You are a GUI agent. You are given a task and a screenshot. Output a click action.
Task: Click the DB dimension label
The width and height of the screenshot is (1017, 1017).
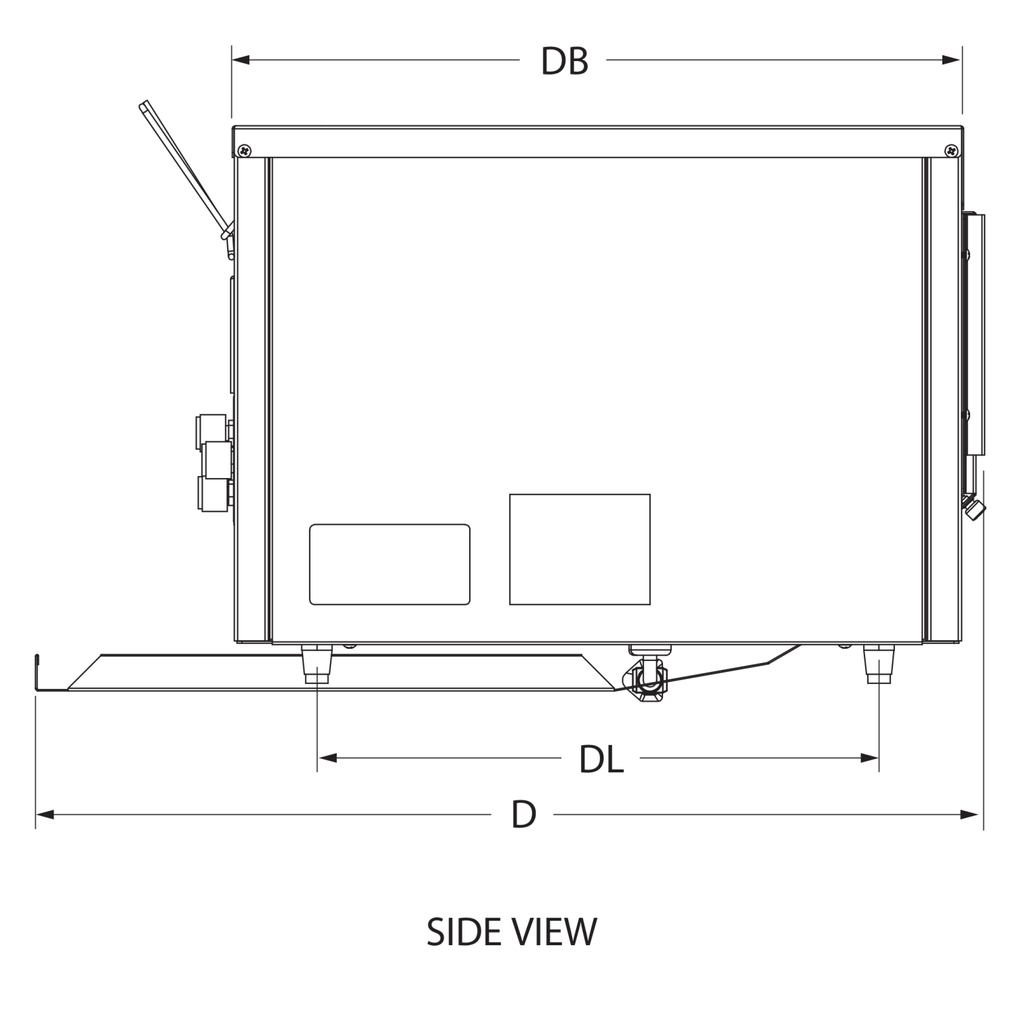pyautogui.click(x=563, y=61)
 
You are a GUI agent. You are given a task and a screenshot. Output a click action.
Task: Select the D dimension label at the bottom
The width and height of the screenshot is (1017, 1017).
pyautogui.click(x=523, y=813)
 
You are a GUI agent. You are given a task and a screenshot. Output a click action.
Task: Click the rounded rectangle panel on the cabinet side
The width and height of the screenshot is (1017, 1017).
pyautogui.click(x=390, y=563)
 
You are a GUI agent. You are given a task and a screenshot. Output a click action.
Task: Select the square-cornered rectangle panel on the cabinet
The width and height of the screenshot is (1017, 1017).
pyautogui.click(x=580, y=549)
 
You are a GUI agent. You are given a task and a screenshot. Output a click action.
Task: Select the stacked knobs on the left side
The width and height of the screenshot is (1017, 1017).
pyautogui.click(x=214, y=461)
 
